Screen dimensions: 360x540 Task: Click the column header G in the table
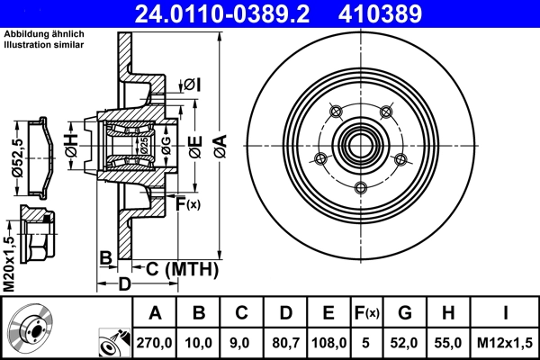click(404, 313)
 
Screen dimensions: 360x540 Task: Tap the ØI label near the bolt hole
click(191, 85)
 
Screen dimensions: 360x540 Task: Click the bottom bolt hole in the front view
click(361, 188)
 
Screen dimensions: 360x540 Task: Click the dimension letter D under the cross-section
click(126, 284)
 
